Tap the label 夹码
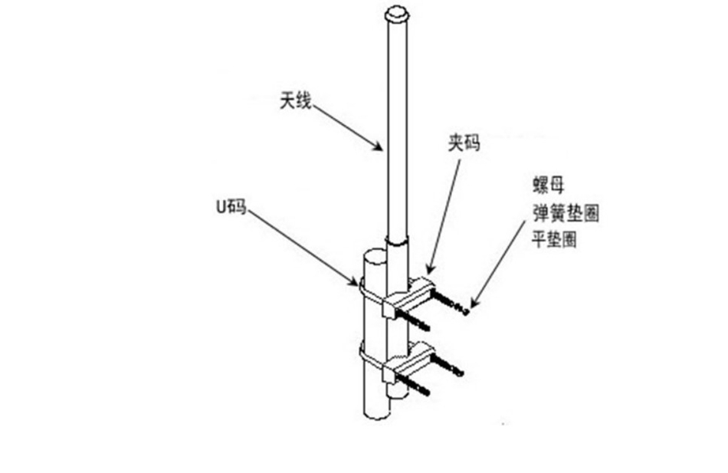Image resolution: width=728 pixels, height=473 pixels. click(x=463, y=143)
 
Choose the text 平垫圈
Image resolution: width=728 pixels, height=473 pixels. click(x=555, y=239)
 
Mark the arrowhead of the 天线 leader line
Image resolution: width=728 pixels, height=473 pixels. click(x=380, y=149)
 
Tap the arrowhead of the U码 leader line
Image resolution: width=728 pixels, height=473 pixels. click(x=357, y=283)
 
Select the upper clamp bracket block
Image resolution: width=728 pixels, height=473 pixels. click(x=406, y=295)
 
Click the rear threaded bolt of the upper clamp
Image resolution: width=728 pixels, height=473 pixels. click(x=448, y=300)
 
